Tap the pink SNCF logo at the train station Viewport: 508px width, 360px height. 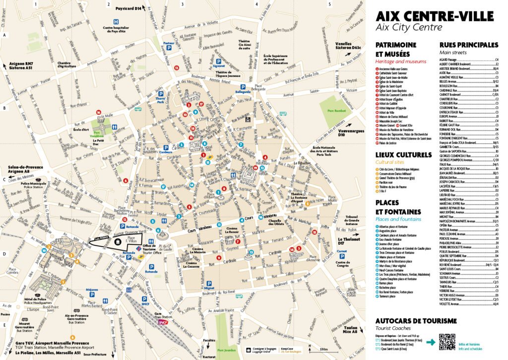pos(163,321)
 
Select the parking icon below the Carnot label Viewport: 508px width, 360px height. pos(342,259)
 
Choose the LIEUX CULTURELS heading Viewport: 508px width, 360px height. pos(403,154)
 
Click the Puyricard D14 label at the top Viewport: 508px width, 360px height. pos(128,8)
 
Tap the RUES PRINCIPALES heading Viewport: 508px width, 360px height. pos(469,45)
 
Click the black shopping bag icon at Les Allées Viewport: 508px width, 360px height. pos(118,241)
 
